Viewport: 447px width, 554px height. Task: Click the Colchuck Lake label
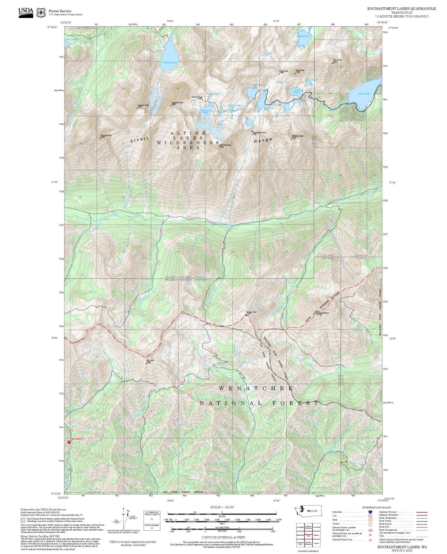[170, 62]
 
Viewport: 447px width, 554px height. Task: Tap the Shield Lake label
[304, 36]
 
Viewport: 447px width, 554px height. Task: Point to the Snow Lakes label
[364, 94]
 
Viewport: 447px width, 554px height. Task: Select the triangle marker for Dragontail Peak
[171, 106]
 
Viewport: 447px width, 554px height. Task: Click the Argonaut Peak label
[106, 136]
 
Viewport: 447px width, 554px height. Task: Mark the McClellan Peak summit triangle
[291, 139]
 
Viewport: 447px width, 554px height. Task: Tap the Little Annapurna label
[225, 145]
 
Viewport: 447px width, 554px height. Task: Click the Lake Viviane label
[296, 91]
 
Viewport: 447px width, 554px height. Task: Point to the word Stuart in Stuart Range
[139, 140]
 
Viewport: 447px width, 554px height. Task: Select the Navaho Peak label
[251, 312]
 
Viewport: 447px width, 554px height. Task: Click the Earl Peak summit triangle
[146, 363]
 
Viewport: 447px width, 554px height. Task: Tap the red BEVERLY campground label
[78, 439]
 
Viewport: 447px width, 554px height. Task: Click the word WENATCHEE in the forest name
[256, 388]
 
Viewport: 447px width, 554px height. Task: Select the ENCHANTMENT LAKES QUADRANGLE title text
[401, 9]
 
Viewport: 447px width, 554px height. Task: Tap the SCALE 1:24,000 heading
[222, 507]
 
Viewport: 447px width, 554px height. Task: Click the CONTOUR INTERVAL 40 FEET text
[223, 537]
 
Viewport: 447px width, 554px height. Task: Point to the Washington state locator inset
[308, 511]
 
